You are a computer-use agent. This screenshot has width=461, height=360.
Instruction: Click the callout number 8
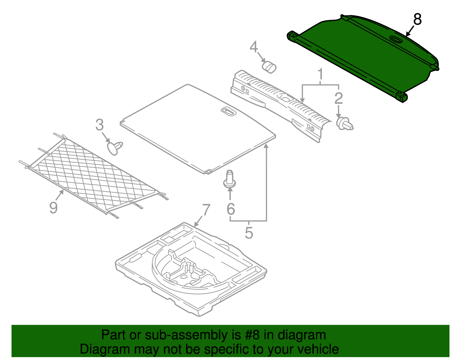pos(417,20)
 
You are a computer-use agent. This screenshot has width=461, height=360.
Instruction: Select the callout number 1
pos(320,74)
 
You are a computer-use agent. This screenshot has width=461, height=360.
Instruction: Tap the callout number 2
pos(339,98)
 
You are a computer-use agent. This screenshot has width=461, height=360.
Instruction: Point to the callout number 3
pos(99,125)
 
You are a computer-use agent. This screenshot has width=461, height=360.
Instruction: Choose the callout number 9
pos(53,207)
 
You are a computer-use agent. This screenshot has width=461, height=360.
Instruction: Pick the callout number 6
pos(231,209)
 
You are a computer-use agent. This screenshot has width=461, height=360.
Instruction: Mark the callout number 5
pos(249,233)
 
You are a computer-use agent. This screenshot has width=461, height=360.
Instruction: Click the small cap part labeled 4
pos(269,67)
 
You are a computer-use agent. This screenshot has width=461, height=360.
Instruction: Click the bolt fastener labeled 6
pos(230,180)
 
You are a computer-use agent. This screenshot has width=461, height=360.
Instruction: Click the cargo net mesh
pos(92,173)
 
